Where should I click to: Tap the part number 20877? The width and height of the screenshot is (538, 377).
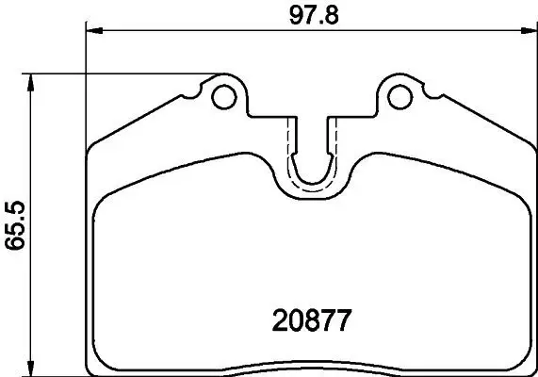pos(310,320)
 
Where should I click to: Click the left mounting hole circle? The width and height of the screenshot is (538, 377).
pos(223,96)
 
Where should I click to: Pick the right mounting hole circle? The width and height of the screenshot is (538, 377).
pos(399,96)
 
